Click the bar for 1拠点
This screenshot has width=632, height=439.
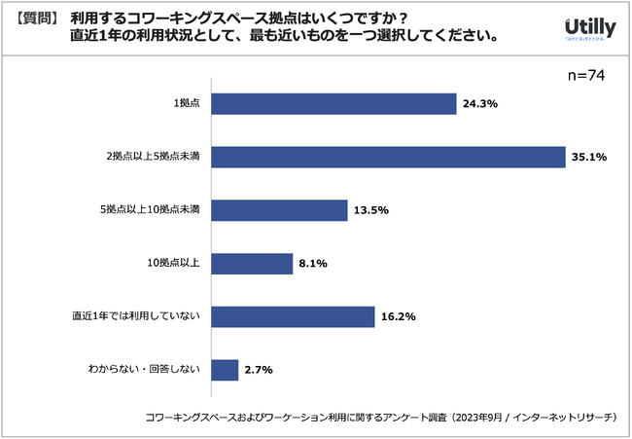tap(334, 103)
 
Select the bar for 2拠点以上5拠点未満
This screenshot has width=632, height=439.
tap(388, 157)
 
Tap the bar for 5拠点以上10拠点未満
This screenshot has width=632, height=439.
tap(279, 210)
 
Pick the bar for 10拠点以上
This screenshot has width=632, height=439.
tap(252, 264)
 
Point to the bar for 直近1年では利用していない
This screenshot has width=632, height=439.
tap(293, 316)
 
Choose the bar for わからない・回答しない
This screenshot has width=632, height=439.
tap(225, 370)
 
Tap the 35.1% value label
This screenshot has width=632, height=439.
tap(588, 157)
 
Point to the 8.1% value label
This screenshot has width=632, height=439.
tap(312, 264)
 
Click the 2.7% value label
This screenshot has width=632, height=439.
tap(258, 370)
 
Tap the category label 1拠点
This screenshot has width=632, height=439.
tap(186, 103)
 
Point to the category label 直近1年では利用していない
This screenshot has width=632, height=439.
tap(136, 316)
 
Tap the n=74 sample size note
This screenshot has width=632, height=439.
tap(585, 76)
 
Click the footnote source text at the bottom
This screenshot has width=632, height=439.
tap(380, 417)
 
